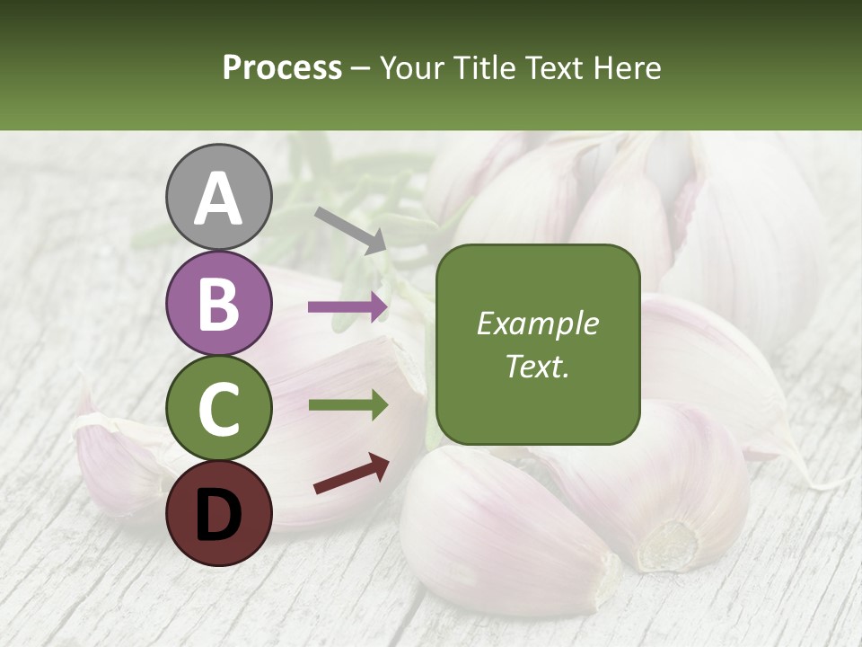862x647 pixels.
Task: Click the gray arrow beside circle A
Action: tap(350, 230)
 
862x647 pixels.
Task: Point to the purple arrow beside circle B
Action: tap(348, 307)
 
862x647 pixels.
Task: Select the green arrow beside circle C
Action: tap(348, 405)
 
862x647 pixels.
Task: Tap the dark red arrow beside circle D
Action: tap(351, 474)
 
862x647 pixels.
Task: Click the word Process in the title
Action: tap(282, 68)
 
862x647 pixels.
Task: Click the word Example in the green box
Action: tap(537, 323)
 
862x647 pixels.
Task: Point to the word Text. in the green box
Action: tap(537, 367)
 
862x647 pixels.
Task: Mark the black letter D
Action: tap(218, 514)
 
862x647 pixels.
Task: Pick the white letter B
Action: tap(218, 304)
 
